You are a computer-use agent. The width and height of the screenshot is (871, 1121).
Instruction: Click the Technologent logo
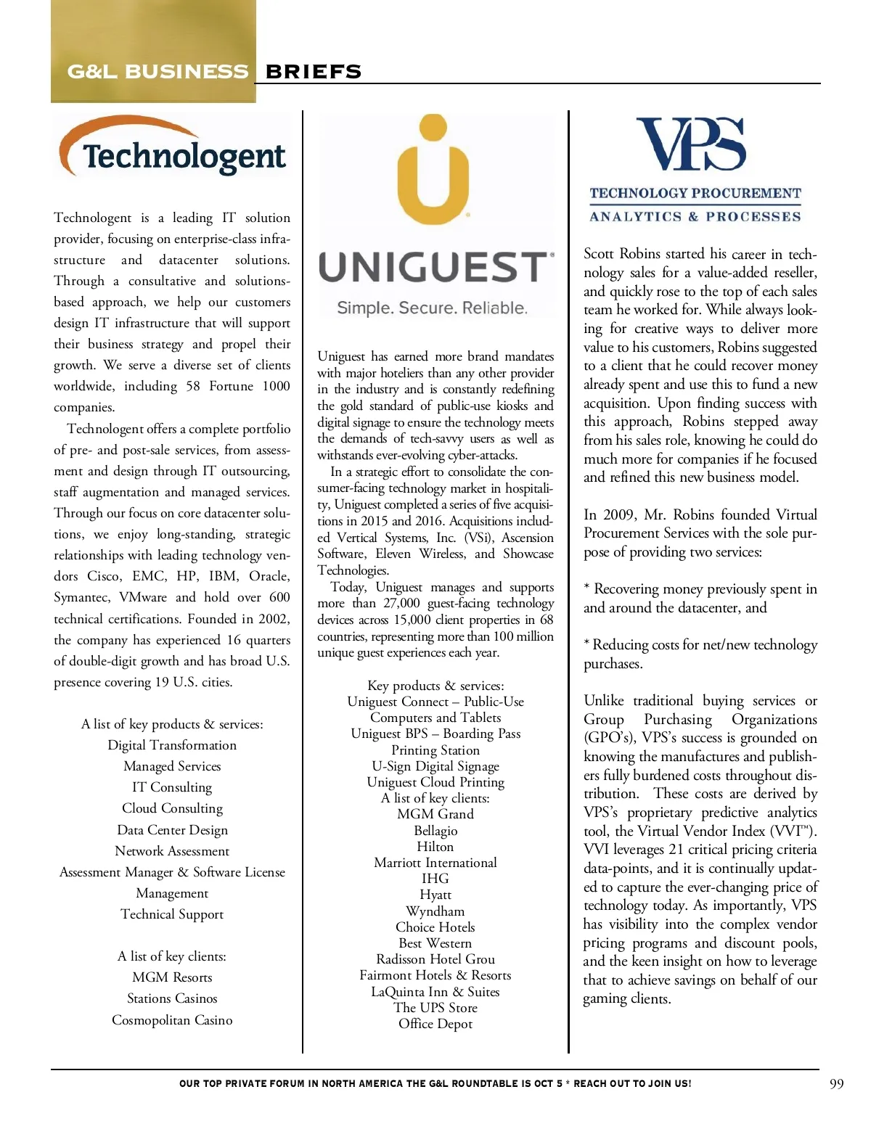click(173, 148)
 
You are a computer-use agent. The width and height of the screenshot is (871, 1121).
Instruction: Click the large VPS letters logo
click(691, 144)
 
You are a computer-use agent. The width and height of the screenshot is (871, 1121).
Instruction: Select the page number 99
click(836, 1084)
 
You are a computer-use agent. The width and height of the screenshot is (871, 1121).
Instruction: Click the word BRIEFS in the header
click(314, 72)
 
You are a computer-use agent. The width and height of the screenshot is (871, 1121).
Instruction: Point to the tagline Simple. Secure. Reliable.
click(433, 308)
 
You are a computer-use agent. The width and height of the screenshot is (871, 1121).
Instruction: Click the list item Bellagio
click(435, 831)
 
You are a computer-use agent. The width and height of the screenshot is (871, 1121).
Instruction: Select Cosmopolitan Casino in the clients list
click(172, 1020)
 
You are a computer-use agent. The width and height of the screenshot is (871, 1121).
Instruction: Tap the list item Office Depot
click(435, 1024)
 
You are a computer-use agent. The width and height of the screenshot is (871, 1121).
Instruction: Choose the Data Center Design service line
click(172, 830)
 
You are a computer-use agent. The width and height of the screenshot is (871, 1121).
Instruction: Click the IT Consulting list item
click(172, 787)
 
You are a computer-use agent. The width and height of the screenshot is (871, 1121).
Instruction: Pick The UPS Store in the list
click(435, 1008)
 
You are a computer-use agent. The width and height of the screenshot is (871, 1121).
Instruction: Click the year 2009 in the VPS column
click(619, 514)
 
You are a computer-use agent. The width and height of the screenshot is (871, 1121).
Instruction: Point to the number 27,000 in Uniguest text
click(401, 603)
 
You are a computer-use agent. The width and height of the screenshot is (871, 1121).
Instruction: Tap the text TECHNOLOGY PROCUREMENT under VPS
click(695, 194)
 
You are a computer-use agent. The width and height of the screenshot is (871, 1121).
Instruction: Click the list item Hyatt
click(435, 895)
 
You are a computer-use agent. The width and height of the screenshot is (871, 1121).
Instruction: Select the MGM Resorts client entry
click(172, 977)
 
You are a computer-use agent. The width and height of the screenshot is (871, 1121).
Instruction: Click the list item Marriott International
click(435, 863)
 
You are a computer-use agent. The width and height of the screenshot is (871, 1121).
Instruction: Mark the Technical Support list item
click(172, 914)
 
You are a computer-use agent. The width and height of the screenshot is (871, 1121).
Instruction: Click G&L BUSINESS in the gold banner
click(158, 72)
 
